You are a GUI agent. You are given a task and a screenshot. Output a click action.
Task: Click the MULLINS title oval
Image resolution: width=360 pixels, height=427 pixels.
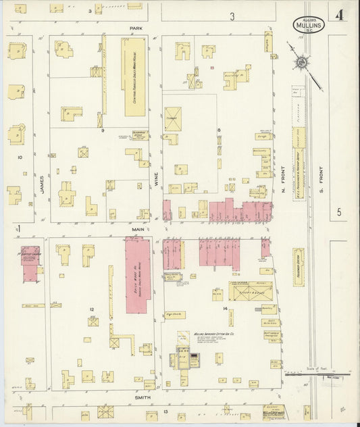pyautogui.click(x=309, y=25)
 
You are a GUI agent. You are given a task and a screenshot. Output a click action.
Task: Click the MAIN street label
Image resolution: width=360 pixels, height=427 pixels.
pyautogui.click(x=138, y=229)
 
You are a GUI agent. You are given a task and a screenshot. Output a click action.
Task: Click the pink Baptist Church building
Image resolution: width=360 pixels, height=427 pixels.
pyautogui.click(x=30, y=263)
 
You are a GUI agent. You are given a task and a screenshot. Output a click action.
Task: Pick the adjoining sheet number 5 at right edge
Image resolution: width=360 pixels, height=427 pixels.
pyautogui.click(x=340, y=214)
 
